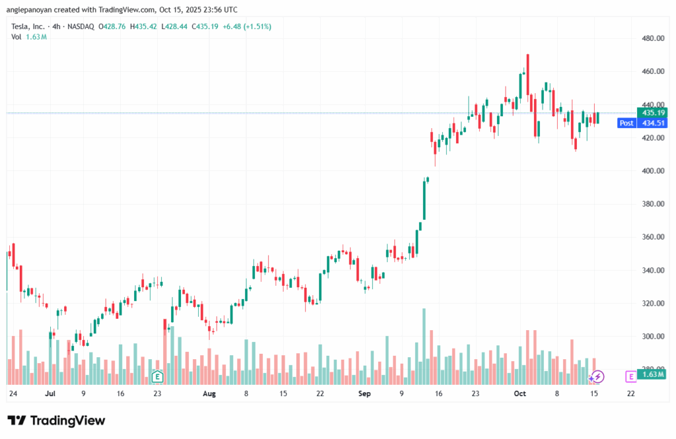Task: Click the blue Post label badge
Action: pyautogui.click(x=626, y=123)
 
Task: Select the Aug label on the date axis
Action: pyautogui.click(x=209, y=393)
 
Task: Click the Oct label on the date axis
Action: pyautogui.click(x=520, y=393)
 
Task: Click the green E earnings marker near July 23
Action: pyautogui.click(x=157, y=377)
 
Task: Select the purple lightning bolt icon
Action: pyautogui.click(x=597, y=376)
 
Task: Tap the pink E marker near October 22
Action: pyautogui.click(x=630, y=376)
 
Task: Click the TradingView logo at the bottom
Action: pyautogui.click(x=56, y=421)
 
